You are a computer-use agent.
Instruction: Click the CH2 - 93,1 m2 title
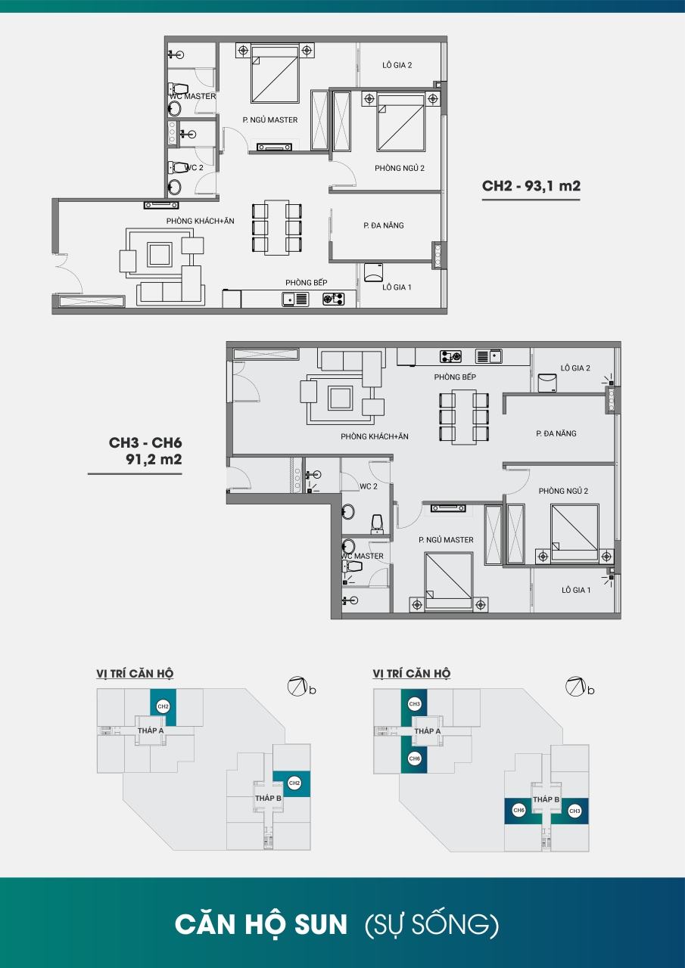[531, 186]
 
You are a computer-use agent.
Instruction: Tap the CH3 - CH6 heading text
[145, 442]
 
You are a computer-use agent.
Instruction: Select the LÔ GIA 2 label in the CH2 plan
[397, 65]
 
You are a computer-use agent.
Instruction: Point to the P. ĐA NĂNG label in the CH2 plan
[384, 225]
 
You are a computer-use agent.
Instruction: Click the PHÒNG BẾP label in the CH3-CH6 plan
[455, 377]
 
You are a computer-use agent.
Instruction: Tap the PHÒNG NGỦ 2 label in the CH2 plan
[400, 168]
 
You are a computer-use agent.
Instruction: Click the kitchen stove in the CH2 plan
[334, 299]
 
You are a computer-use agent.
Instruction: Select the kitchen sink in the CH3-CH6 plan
[489, 356]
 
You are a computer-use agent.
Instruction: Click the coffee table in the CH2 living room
[160, 254]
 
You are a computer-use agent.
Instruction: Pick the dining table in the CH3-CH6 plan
[464, 417]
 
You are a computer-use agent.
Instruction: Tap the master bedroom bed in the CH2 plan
[275, 74]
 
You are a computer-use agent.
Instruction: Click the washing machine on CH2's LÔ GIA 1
[373, 272]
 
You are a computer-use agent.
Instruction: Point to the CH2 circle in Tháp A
[163, 706]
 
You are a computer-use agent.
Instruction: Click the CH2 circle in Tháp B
[294, 783]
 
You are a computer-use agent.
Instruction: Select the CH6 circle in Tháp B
[518, 810]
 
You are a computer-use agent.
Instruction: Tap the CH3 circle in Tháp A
[414, 703]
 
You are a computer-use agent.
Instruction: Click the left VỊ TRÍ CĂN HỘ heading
[135, 673]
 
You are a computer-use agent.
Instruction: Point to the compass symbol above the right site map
[575, 686]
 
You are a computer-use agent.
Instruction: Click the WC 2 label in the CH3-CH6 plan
[369, 486]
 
